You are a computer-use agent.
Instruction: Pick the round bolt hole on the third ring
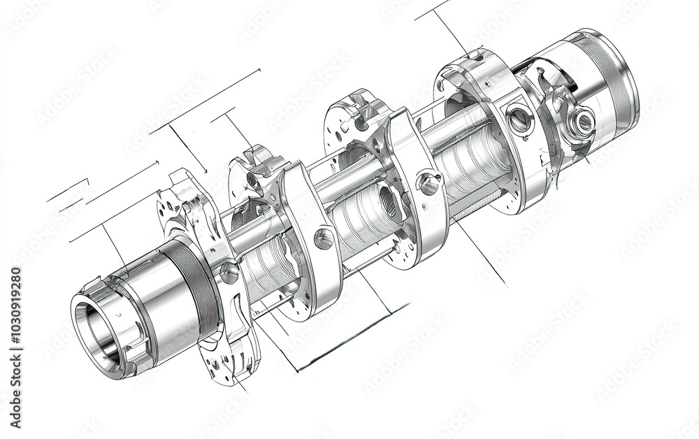click(x=428, y=184)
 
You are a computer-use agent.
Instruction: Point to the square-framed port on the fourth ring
click(x=519, y=120)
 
